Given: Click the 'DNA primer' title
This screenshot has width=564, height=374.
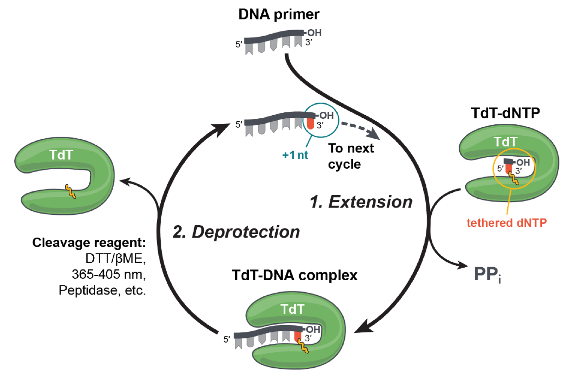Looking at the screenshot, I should point(279,14).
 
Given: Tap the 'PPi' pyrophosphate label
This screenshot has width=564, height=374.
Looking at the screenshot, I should point(487,275).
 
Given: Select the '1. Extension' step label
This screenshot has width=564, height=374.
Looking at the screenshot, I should point(361,202).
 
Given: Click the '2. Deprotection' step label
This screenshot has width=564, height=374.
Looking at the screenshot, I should point(236,232).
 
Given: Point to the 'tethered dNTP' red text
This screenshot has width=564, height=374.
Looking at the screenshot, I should point(506,223).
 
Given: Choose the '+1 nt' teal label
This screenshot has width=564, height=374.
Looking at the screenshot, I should point(295,155).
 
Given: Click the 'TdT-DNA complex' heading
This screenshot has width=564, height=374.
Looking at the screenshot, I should point(294,275).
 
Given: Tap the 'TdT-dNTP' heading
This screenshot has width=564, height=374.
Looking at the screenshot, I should point(505,113).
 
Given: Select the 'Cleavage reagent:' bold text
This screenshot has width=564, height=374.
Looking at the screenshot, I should point(89,243).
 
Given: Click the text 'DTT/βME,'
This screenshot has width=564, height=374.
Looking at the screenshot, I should point(115,259).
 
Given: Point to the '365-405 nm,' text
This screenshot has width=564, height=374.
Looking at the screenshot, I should point(109,274).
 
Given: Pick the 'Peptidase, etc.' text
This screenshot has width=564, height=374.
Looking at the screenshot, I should point(102,290).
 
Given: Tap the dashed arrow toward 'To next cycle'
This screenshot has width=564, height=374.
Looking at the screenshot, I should point(360,129).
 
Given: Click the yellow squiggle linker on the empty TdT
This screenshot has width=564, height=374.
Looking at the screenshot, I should point(70,191).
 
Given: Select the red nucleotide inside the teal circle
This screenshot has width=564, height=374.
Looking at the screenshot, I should point(310,123).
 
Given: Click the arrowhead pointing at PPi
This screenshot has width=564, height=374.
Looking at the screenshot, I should point(462,265).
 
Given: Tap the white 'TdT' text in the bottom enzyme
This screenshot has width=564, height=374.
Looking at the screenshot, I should point(292,309).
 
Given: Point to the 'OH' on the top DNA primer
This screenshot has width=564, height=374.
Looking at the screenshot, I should point(314,33).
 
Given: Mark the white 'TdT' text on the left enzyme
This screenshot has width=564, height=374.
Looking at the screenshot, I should point(61,155).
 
